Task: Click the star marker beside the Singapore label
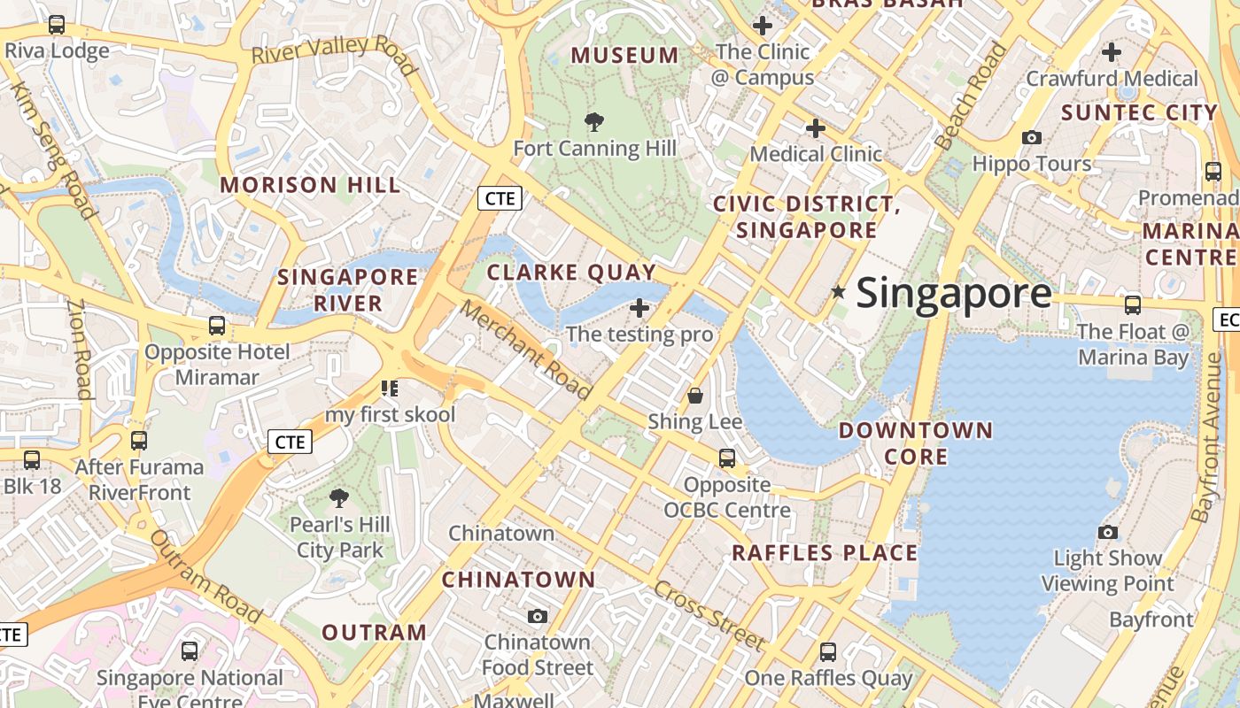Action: [838, 291]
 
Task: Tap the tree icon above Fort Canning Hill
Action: [594, 122]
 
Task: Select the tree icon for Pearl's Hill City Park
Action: [339, 498]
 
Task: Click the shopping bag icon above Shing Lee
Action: [695, 396]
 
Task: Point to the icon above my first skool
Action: [389, 388]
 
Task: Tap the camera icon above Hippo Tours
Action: [1032, 137]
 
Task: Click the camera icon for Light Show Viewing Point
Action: [1107, 532]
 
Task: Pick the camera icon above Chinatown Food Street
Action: [538, 616]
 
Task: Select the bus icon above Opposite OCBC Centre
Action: [727, 458]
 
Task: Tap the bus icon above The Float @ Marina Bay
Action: [1133, 305]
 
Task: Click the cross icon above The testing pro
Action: [639, 308]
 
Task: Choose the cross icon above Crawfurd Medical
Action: [1112, 52]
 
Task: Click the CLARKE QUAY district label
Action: [571, 273]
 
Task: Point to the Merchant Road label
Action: [525, 350]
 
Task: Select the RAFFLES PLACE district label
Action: [825, 553]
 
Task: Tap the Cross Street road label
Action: [709, 615]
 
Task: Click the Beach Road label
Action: [971, 95]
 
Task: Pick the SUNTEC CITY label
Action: [1139, 112]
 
